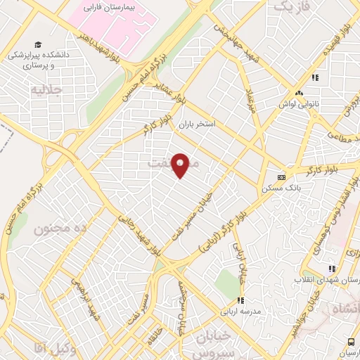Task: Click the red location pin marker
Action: [x=181, y=165]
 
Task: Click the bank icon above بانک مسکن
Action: [x=281, y=176]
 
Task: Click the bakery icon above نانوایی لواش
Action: [x=300, y=94]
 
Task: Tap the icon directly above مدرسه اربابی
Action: [x=241, y=300]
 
